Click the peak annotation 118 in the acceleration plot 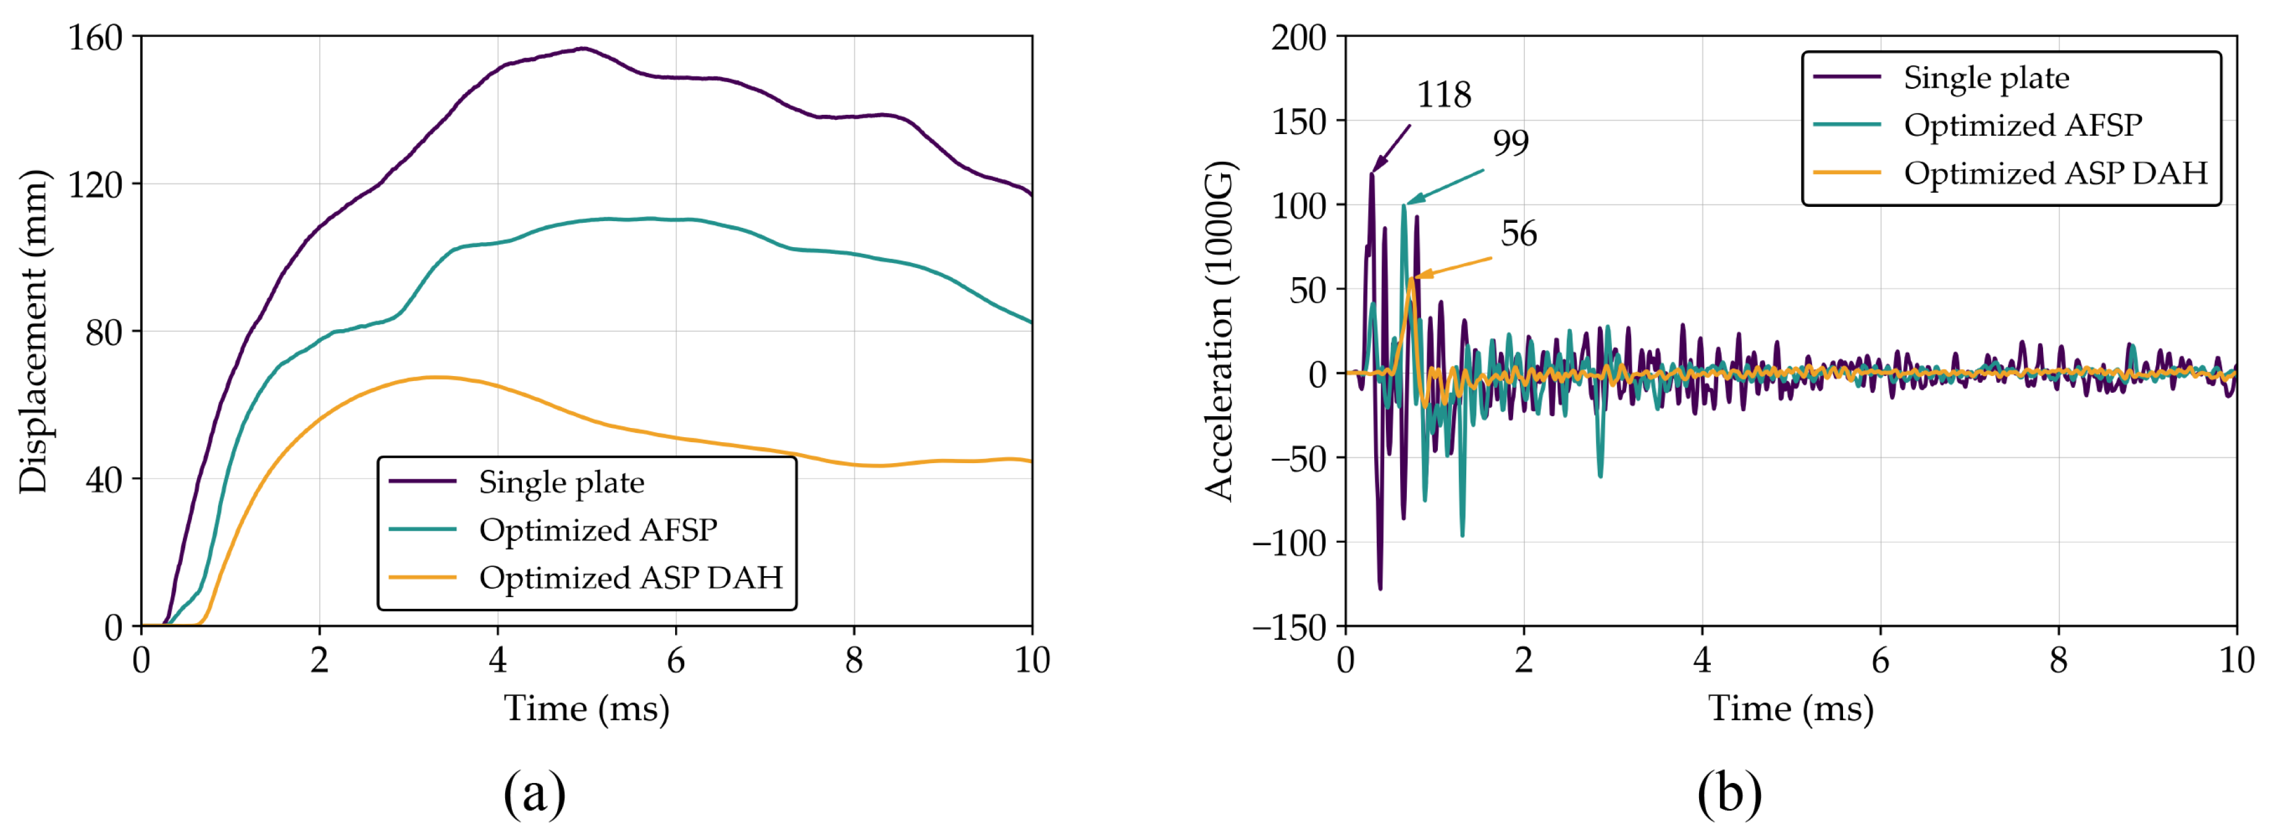pyautogui.click(x=1443, y=94)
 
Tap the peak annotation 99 pyautogui.click(x=1510, y=142)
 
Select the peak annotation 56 pyautogui.click(x=1518, y=233)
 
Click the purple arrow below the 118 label pyautogui.click(x=1391, y=148)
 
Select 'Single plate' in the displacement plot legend pyautogui.click(x=561, y=482)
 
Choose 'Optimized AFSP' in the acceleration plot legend pyautogui.click(x=2021, y=125)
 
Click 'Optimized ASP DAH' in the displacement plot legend pyautogui.click(x=631, y=577)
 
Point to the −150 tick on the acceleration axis pyautogui.click(x=1289, y=627)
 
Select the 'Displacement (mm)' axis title pyautogui.click(x=33, y=332)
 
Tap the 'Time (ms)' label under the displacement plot pyautogui.click(x=586, y=708)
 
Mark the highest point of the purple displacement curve pyautogui.click(x=583, y=48)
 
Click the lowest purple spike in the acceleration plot pyautogui.click(x=1380, y=588)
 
